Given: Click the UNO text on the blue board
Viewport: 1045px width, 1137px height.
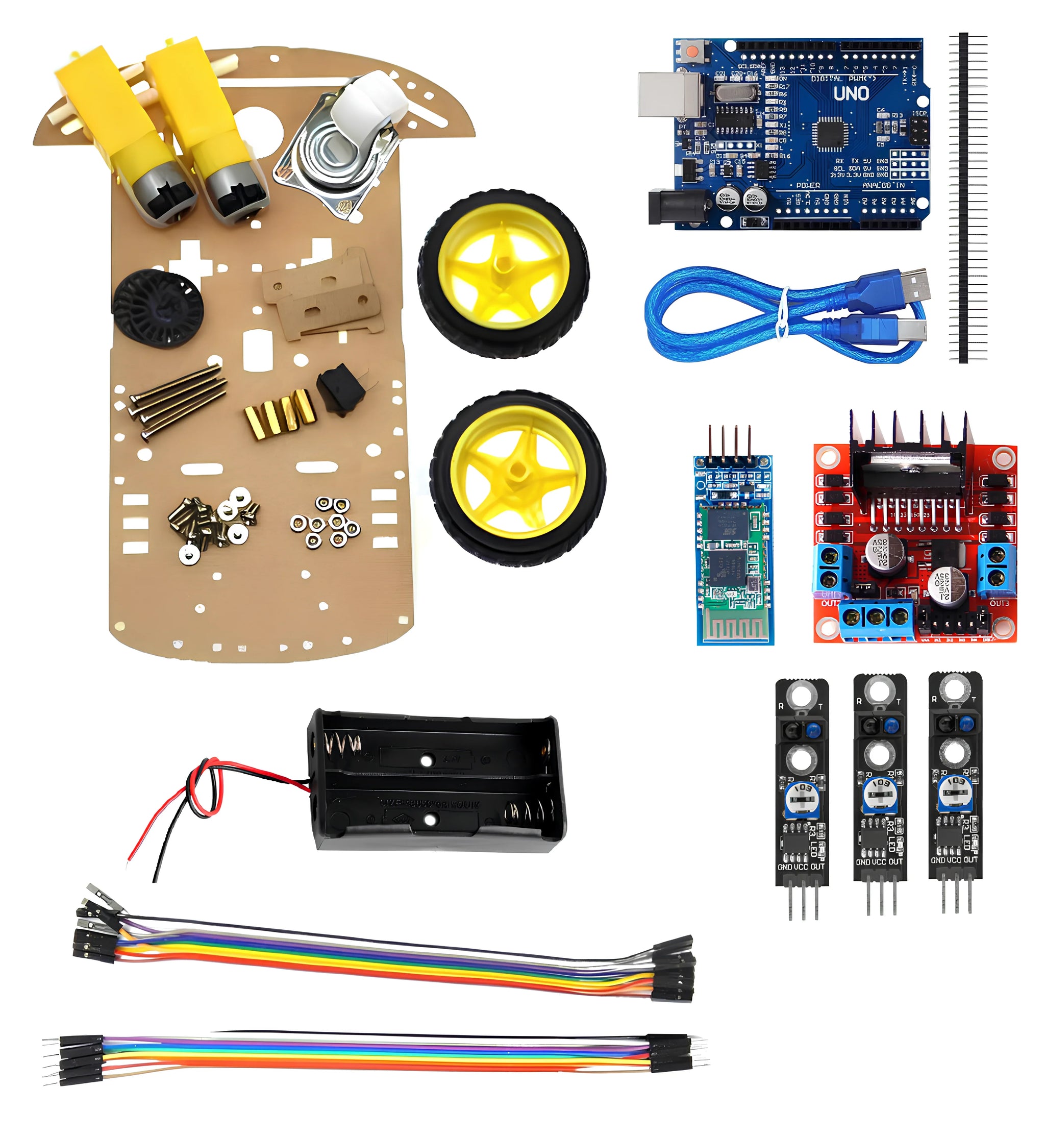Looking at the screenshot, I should pos(851,93).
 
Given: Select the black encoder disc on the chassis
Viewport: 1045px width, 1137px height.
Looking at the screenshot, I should pos(158,308).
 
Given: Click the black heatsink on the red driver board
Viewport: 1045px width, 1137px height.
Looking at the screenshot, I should pos(910,453).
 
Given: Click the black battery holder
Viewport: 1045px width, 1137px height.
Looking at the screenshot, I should pos(435,783).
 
